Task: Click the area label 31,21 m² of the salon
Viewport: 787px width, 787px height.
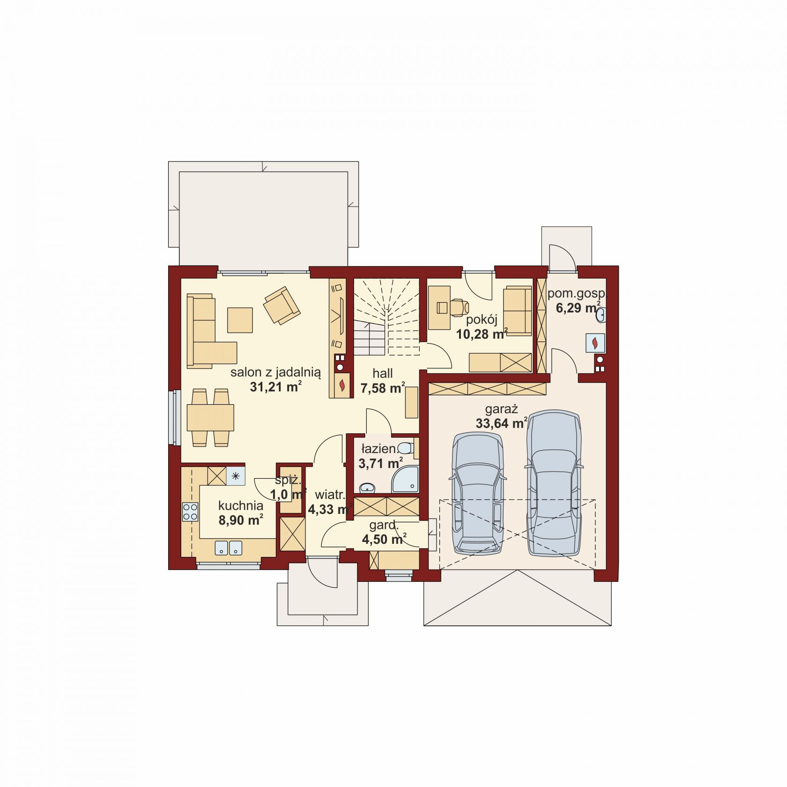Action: [275, 387]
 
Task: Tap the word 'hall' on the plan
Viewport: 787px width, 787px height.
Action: [383, 373]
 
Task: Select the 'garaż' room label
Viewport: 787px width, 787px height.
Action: [501, 409]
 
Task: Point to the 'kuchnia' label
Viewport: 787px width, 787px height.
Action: [241, 505]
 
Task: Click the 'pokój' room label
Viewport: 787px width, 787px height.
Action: [482, 320]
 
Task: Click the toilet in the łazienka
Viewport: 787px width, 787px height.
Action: [405, 448]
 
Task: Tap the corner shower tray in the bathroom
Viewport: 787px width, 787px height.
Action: [405, 479]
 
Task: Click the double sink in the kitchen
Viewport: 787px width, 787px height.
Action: [229, 548]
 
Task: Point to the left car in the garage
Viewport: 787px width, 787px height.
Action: [477, 494]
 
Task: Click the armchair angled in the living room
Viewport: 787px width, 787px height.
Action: [282, 305]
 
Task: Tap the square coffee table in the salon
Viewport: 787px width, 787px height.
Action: [240, 320]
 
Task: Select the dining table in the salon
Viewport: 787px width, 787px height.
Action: [210, 417]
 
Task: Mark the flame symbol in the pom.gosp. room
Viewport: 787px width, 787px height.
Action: [595, 343]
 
